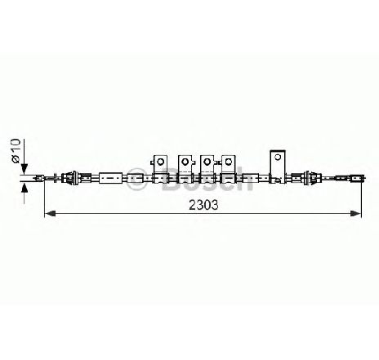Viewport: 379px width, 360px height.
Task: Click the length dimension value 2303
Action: point(203,205)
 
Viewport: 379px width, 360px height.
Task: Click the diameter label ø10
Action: point(16,151)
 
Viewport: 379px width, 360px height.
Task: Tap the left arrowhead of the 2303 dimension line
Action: point(50,213)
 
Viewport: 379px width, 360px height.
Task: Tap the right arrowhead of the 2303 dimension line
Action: point(355,213)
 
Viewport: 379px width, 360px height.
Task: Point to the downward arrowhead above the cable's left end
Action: point(25,168)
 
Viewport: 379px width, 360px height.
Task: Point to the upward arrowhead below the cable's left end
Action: point(25,188)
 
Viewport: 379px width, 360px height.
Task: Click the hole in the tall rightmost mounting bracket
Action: point(278,157)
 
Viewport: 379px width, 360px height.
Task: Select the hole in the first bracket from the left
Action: point(161,162)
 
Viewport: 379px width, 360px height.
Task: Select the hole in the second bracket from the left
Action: point(185,162)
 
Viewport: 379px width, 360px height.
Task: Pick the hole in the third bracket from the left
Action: point(207,162)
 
